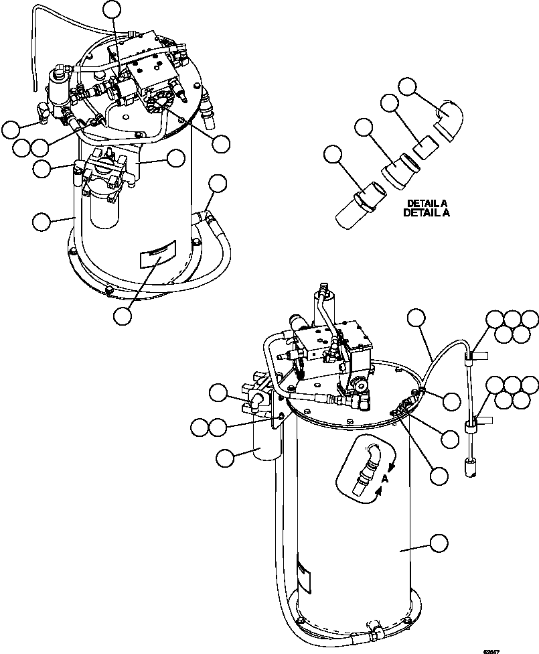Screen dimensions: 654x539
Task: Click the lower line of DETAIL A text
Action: click(427, 212)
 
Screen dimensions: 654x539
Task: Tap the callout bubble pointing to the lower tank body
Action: click(439, 543)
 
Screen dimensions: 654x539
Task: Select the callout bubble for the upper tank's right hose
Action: click(218, 183)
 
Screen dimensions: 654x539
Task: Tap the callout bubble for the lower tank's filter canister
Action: click(226, 457)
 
